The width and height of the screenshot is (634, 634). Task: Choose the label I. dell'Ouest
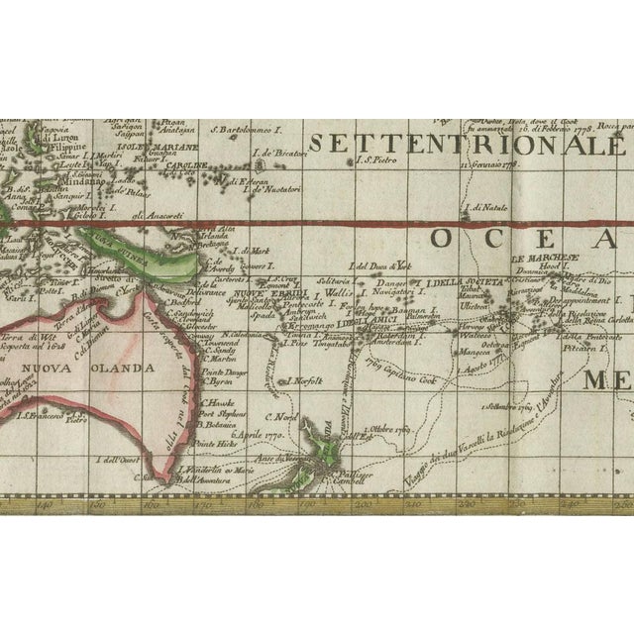115,460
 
